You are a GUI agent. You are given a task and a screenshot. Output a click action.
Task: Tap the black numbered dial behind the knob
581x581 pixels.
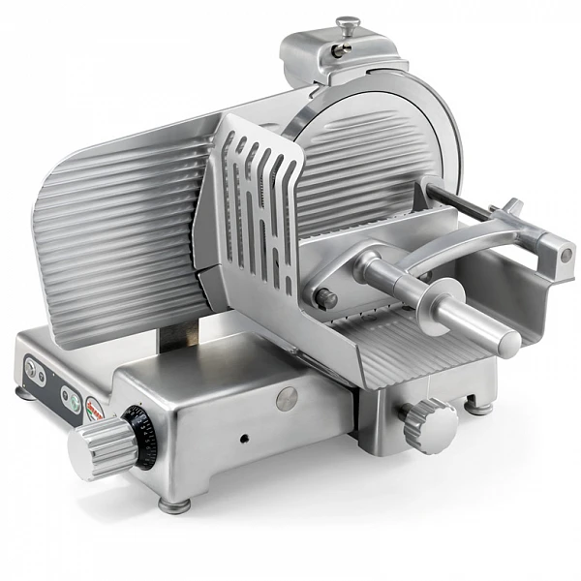[143, 436]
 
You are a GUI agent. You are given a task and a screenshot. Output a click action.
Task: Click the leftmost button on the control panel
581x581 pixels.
[30, 369]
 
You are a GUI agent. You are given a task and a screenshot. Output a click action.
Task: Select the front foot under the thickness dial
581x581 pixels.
[174, 505]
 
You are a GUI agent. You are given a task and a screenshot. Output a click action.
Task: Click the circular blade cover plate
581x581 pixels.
[382, 155]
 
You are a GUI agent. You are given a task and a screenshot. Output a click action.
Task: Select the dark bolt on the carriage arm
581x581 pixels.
[327, 299]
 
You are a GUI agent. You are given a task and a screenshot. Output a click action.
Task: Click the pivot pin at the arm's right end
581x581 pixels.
[565, 254]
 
